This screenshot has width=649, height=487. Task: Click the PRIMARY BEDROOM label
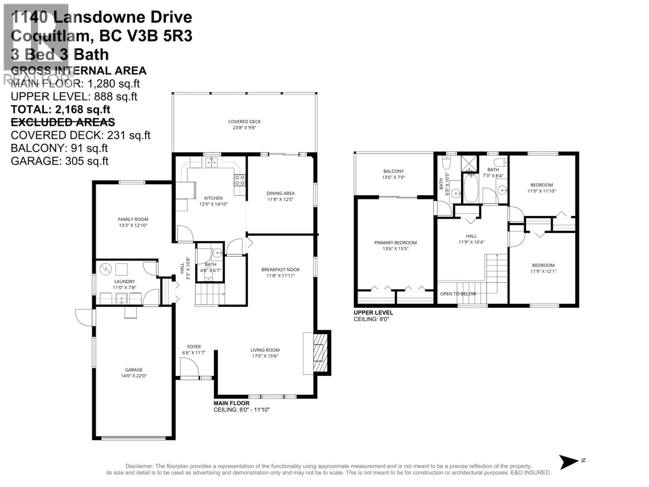(395, 243)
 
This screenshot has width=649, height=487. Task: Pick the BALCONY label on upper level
(393, 171)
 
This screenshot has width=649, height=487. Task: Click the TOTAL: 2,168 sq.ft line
(61, 110)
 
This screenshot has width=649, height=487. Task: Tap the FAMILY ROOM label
(133, 219)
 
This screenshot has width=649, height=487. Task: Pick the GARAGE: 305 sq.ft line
(59, 161)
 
